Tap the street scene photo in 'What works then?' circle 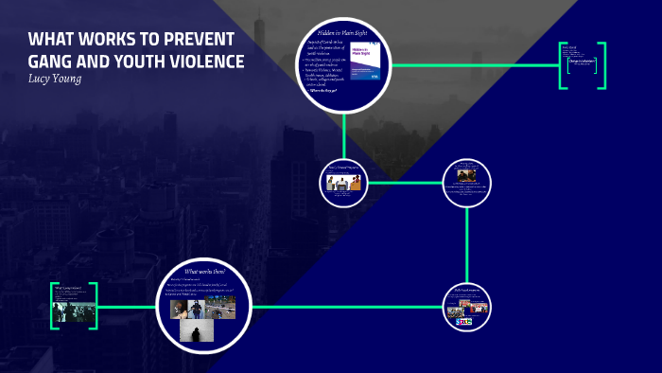tap(220, 307)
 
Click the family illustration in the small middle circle tap(343, 182)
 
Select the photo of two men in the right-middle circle tap(467, 175)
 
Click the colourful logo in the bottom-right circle tap(463, 321)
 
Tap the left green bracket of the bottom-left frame tap(54, 306)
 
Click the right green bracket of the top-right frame tap(602, 65)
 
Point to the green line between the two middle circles tap(404, 181)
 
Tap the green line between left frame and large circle tap(128, 307)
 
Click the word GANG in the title tap(49, 62)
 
